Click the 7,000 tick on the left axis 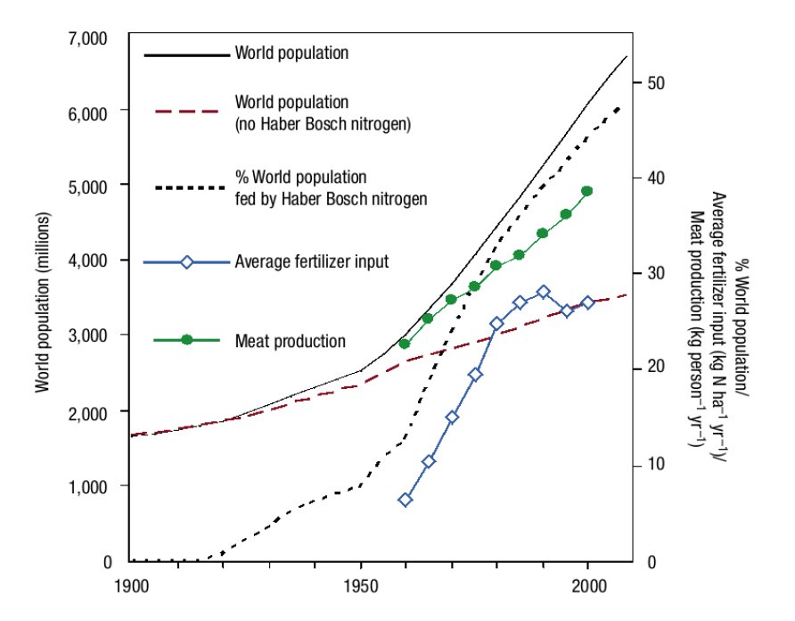pyautogui.click(x=86, y=37)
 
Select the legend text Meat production pyautogui.click(x=291, y=341)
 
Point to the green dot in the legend pyautogui.click(x=186, y=340)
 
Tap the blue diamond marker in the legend pyautogui.click(x=186, y=262)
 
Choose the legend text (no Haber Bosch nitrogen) pyautogui.click(x=323, y=124)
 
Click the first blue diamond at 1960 pyautogui.click(x=406, y=500)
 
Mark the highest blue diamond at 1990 pyautogui.click(x=543, y=292)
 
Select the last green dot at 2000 pyautogui.click(x=587, y=191)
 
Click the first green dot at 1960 pyautogui.click(x=406, y=344)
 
